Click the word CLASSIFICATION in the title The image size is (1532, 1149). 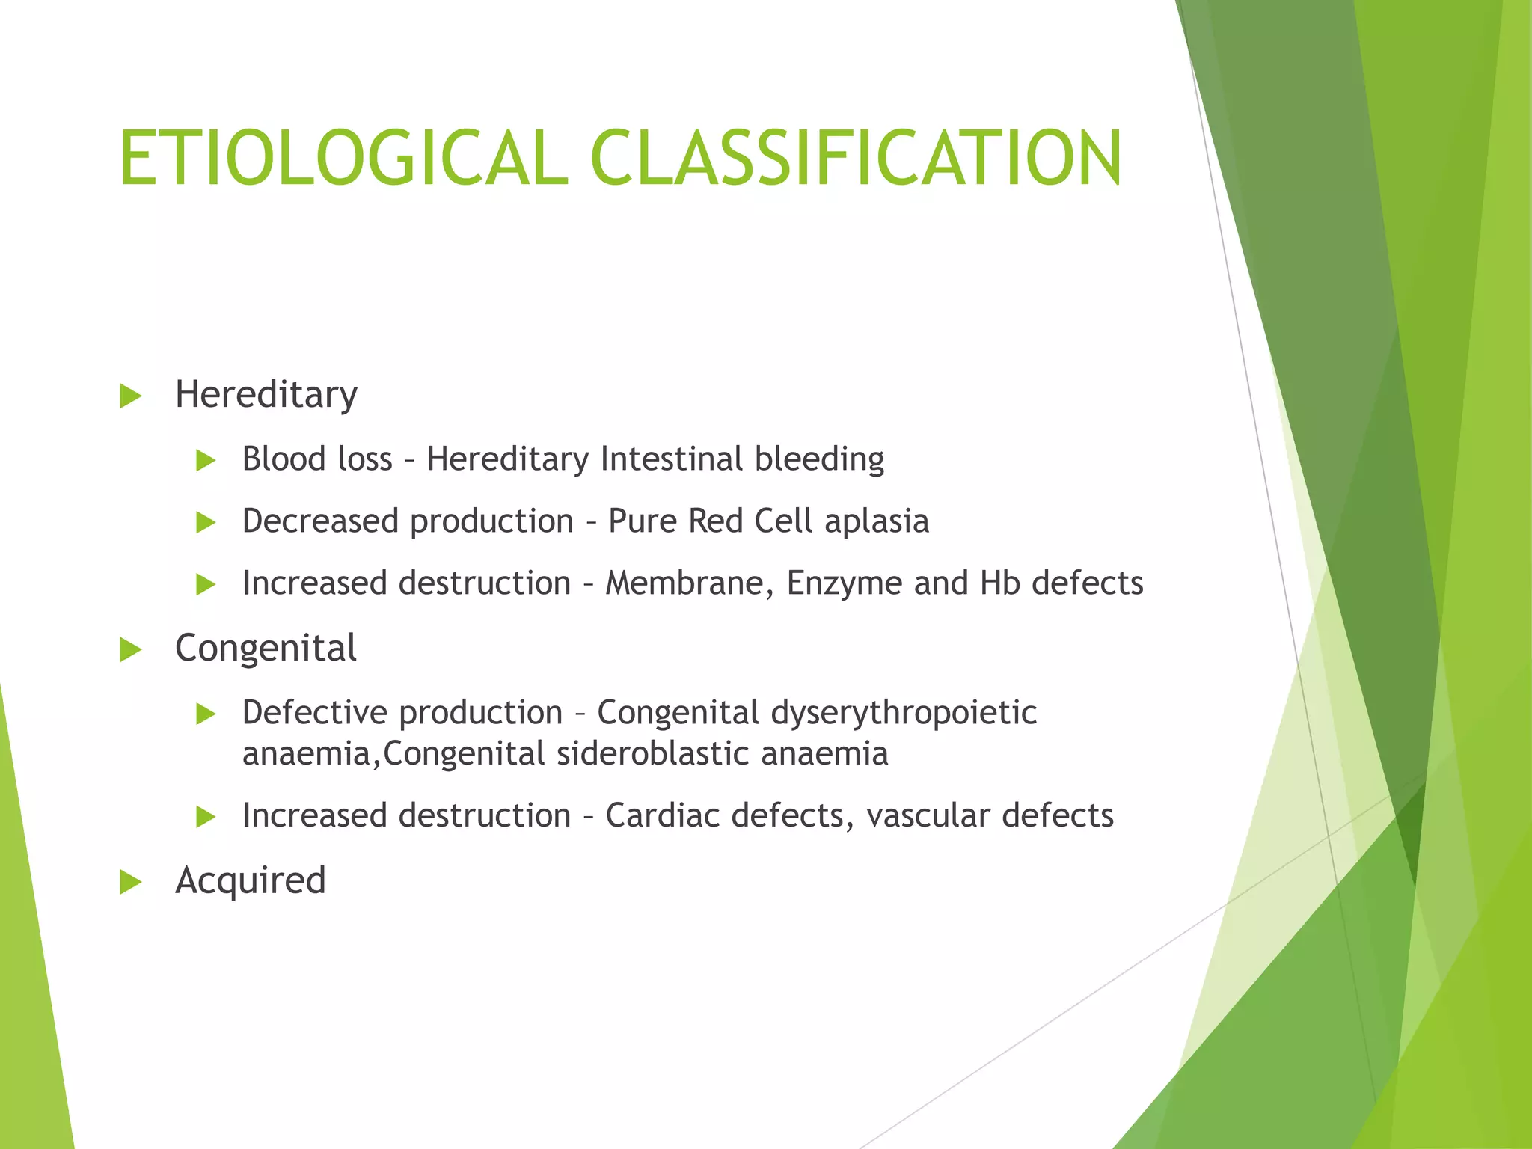coord(856,159)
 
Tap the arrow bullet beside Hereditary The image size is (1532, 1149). coord(131,396)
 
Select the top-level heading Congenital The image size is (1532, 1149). coord(266,648)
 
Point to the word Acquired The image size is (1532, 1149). coord(251,880)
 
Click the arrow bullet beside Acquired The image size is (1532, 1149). coord(131,883)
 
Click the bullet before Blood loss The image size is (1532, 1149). coord(206,461)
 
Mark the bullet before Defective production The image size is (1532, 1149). coord(206,714)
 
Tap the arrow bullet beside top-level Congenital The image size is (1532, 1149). coord(131,650)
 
